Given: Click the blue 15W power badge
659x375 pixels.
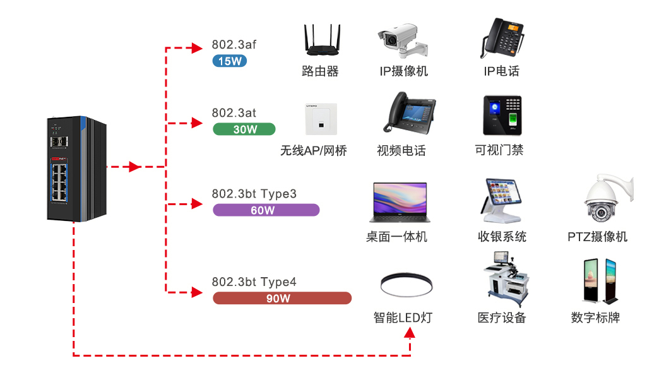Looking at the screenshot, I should (229, 61).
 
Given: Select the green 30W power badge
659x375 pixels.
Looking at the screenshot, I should (244, 129).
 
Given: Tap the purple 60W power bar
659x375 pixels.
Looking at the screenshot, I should (266, 210).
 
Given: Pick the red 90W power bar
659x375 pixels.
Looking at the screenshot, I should (282, 298).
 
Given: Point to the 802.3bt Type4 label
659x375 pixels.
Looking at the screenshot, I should (254, 282).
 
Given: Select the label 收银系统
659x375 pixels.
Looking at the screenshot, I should (502, 237).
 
